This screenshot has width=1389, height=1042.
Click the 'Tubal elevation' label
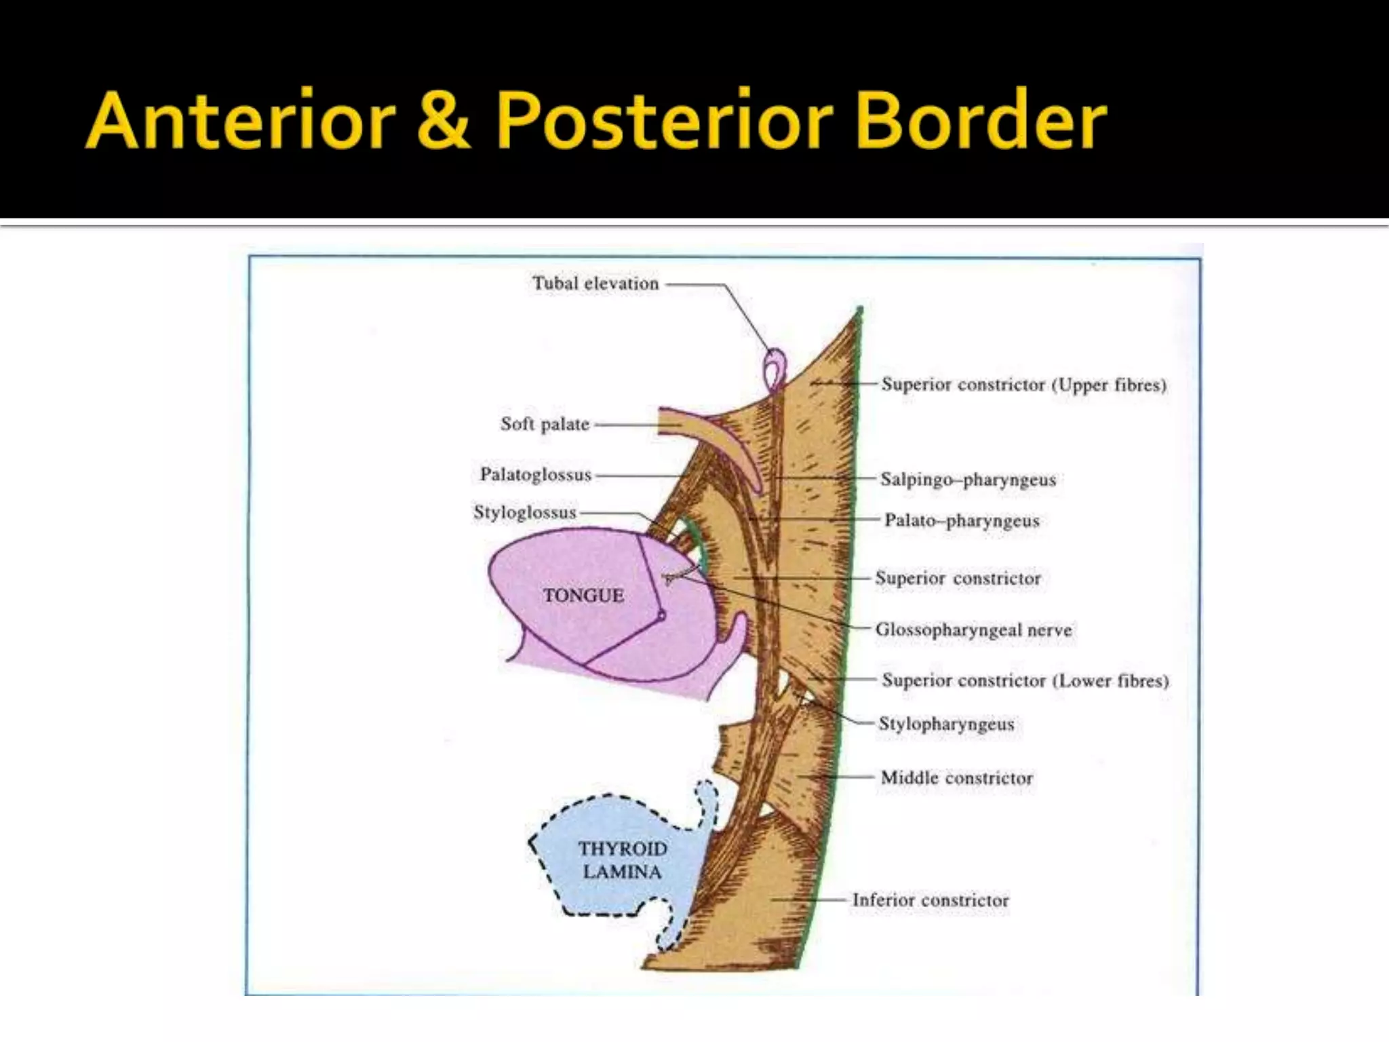click(x=595, y=284)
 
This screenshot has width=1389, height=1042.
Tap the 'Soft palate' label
click(x=545, y=425)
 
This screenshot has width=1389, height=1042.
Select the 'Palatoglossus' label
click(x=535, y=475)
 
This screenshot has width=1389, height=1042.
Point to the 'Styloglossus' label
click(x=524, y=513)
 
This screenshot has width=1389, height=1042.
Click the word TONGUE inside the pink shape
click(x=583, y=596)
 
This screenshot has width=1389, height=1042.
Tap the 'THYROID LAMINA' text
click(x=622, y=860)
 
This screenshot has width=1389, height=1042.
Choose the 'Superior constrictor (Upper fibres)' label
click(x=1023, y=385)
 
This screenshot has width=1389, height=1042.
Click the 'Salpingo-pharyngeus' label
click(x=968, y=480)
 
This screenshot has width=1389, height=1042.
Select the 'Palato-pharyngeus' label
click(x=961, y=521)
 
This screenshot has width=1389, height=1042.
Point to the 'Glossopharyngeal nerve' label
click(x=973, y=630)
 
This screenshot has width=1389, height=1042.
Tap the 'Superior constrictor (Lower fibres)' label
click(x=1025, y=680)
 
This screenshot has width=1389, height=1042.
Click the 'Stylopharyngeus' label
click(x=946, y=724)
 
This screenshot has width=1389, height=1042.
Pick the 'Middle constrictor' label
click(x=956, y=778)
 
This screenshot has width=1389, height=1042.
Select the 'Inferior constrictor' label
click(x=930, y=900)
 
